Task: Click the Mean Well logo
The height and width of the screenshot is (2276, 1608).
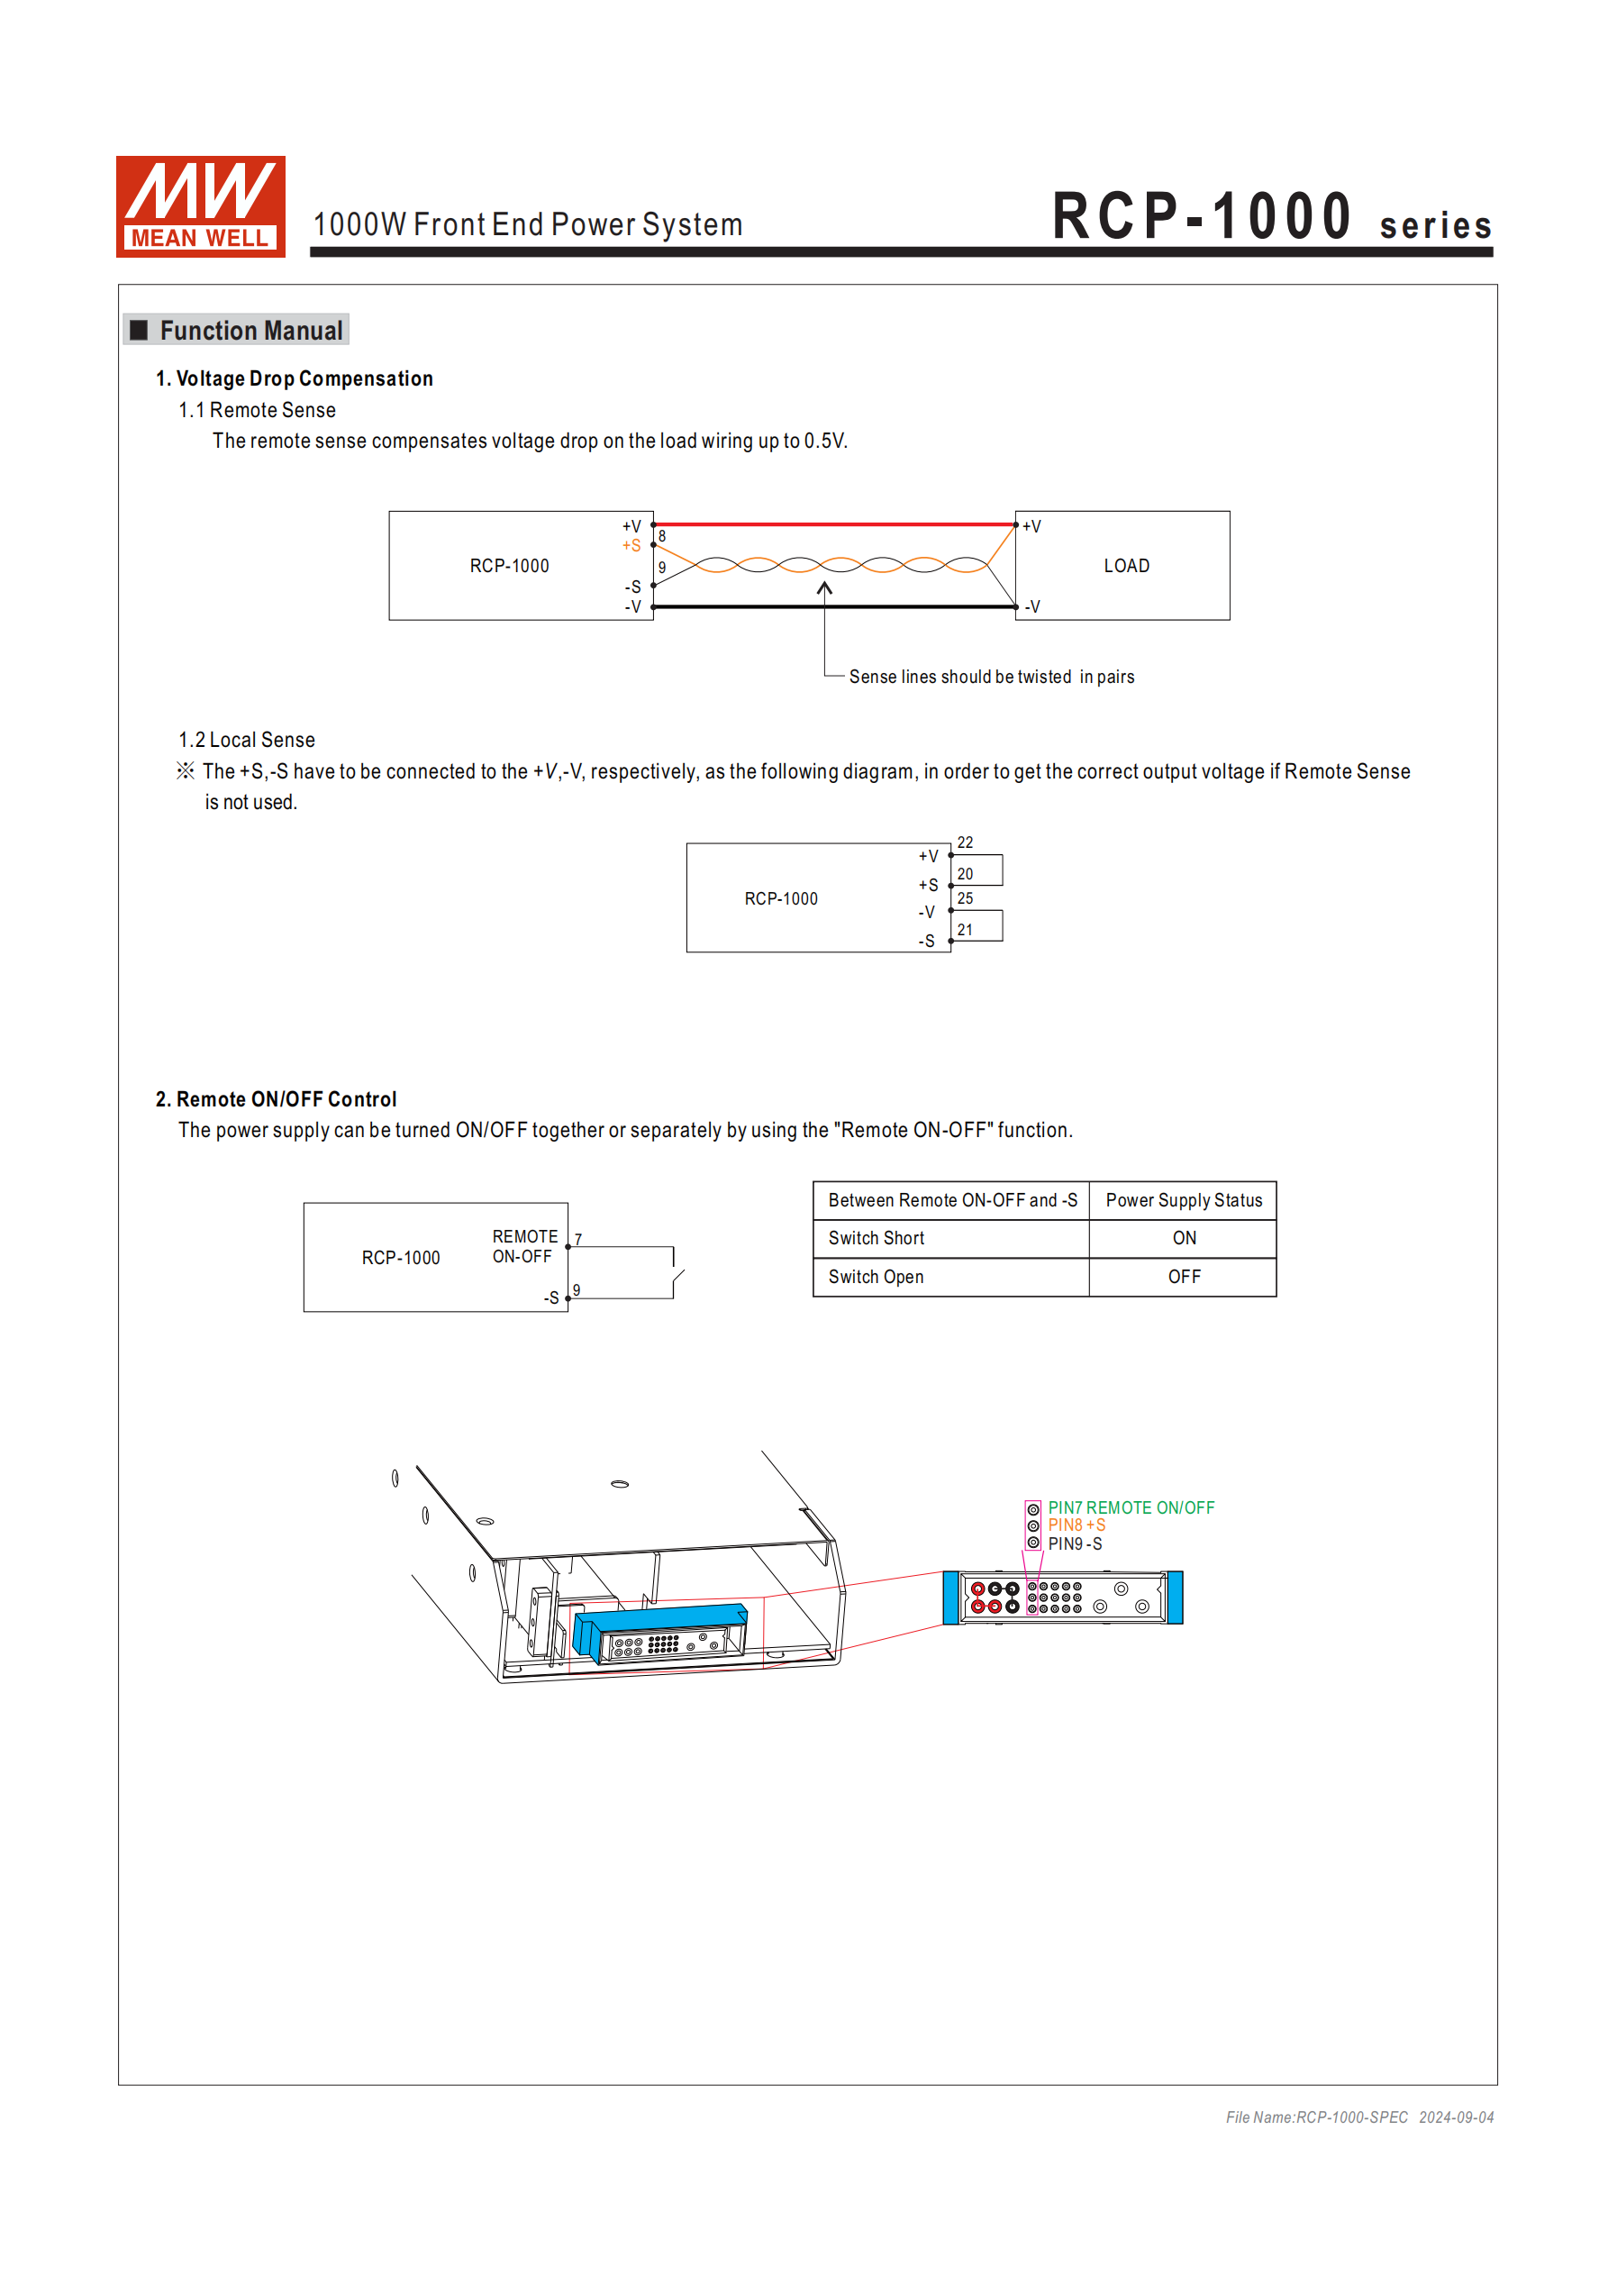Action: [200, 206]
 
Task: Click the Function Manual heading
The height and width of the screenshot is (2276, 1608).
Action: [250, 330]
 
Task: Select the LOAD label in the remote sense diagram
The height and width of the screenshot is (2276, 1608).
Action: [1126, 566]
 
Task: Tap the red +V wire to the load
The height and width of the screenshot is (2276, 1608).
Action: [832, 523]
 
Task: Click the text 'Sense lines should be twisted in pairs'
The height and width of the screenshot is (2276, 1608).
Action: [991, 677]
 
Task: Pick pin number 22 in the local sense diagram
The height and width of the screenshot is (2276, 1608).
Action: [965, 842]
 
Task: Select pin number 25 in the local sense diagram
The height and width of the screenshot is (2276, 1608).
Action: [965, 898]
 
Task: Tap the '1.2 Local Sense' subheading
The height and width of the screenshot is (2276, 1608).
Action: [247, 740]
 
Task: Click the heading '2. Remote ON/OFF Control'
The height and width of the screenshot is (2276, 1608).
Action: [276, 1099]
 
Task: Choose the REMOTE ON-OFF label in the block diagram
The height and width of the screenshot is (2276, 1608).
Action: [523, 1246]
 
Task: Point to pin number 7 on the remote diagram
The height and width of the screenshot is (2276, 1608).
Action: [578, 1239]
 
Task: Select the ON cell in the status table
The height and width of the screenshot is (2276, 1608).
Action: [1184, 1238]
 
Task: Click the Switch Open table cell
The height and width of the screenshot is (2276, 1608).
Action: [877, 1277]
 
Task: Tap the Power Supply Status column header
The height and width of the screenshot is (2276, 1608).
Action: [1184, 1200]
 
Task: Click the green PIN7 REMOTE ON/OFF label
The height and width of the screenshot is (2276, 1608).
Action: [1131, 1507]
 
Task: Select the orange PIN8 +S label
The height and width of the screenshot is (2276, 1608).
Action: [1077, 1525]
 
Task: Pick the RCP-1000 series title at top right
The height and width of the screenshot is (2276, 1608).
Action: [1271, 218]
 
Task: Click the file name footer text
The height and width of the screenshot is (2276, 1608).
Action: [1359, 2117]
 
